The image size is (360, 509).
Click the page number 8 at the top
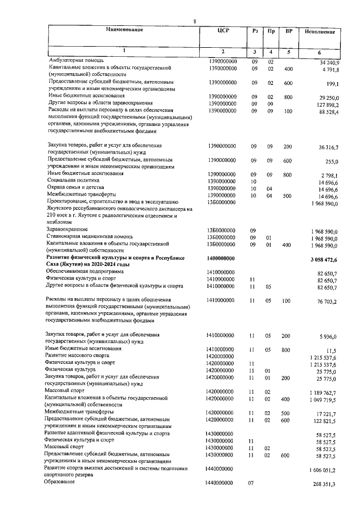194,21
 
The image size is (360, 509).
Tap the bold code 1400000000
222,258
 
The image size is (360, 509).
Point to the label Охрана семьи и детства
79,188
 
